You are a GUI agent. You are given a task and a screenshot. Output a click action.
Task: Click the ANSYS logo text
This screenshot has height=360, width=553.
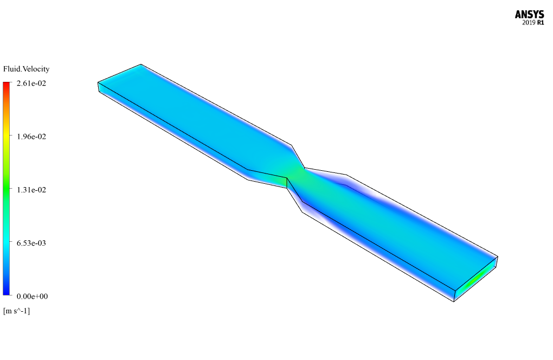coord(529,15)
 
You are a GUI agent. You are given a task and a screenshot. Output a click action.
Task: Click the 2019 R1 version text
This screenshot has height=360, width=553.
coord(533,23)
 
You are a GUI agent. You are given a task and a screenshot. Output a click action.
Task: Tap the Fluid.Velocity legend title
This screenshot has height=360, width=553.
coord(26,69)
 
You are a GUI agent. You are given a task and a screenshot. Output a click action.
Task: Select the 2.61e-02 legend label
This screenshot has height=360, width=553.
coord(31,83)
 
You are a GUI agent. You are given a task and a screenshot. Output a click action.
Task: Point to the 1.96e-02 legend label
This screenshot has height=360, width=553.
coord(31,137)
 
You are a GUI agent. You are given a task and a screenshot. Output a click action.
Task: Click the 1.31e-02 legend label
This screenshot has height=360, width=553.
coord(31,190)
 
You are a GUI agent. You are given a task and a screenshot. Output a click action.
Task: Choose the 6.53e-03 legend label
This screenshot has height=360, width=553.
coord(31,243)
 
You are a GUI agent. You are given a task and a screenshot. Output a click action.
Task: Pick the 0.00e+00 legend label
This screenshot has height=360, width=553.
coord(32,296)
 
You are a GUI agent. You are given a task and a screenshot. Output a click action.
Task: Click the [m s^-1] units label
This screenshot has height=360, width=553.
coord(17,311)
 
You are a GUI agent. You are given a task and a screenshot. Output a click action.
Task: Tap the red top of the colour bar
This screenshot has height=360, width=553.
coord(7,85)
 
